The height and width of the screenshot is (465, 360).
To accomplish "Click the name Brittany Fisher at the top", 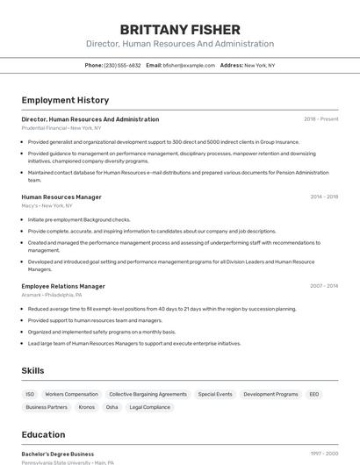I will pos(179,29).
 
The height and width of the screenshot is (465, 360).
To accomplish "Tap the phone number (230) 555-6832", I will pos(122,65).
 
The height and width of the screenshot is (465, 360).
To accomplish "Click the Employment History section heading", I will pos(65,100).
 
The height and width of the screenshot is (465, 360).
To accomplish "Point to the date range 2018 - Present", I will pos(320,119).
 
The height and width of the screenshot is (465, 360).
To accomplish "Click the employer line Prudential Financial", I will pos(61,128).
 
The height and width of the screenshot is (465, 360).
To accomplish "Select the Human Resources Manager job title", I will pos(61,197).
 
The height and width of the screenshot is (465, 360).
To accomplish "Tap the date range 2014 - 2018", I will pos(323,197).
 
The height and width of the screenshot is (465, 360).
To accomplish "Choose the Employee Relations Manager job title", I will pos(63,286).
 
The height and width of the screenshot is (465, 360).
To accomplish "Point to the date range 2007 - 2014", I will pos(323,286).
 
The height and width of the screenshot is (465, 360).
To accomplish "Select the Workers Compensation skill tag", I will pos(71,395).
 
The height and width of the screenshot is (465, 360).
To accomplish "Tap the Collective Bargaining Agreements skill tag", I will pos(148,395).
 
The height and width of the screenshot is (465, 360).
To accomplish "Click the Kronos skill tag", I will pos(86,407).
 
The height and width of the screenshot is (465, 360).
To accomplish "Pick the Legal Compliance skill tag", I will pos(149,407).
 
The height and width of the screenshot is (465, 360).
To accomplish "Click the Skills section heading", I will pos(33,371).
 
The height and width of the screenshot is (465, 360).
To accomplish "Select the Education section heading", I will pos(44,434).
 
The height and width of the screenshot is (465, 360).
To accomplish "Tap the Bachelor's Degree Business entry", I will pos(58,454).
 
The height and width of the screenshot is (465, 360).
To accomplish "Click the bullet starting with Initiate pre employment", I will pos(79,219).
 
